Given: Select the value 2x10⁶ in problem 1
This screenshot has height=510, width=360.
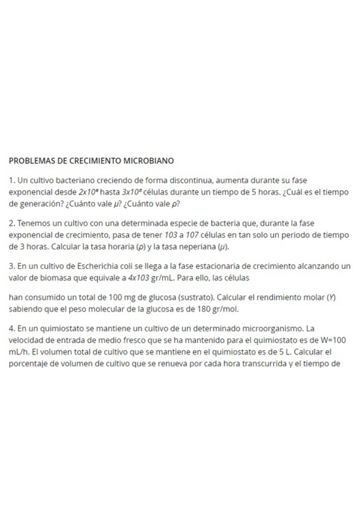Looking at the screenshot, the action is [85, 192].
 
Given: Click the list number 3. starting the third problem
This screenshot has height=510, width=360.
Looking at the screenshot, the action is [12, 266].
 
